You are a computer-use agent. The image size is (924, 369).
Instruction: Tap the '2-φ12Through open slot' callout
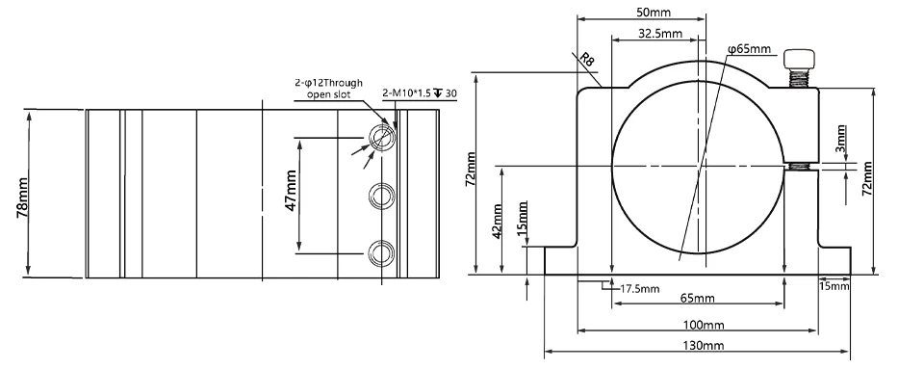(329, 89)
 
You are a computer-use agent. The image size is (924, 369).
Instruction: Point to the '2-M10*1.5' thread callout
(407, 93)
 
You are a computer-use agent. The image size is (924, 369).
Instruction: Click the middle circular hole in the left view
(381, 196)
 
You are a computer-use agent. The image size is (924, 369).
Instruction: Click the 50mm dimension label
(654, 12)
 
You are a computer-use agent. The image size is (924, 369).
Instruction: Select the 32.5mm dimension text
(660, 34)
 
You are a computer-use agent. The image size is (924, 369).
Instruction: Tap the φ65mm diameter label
(749, 49)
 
